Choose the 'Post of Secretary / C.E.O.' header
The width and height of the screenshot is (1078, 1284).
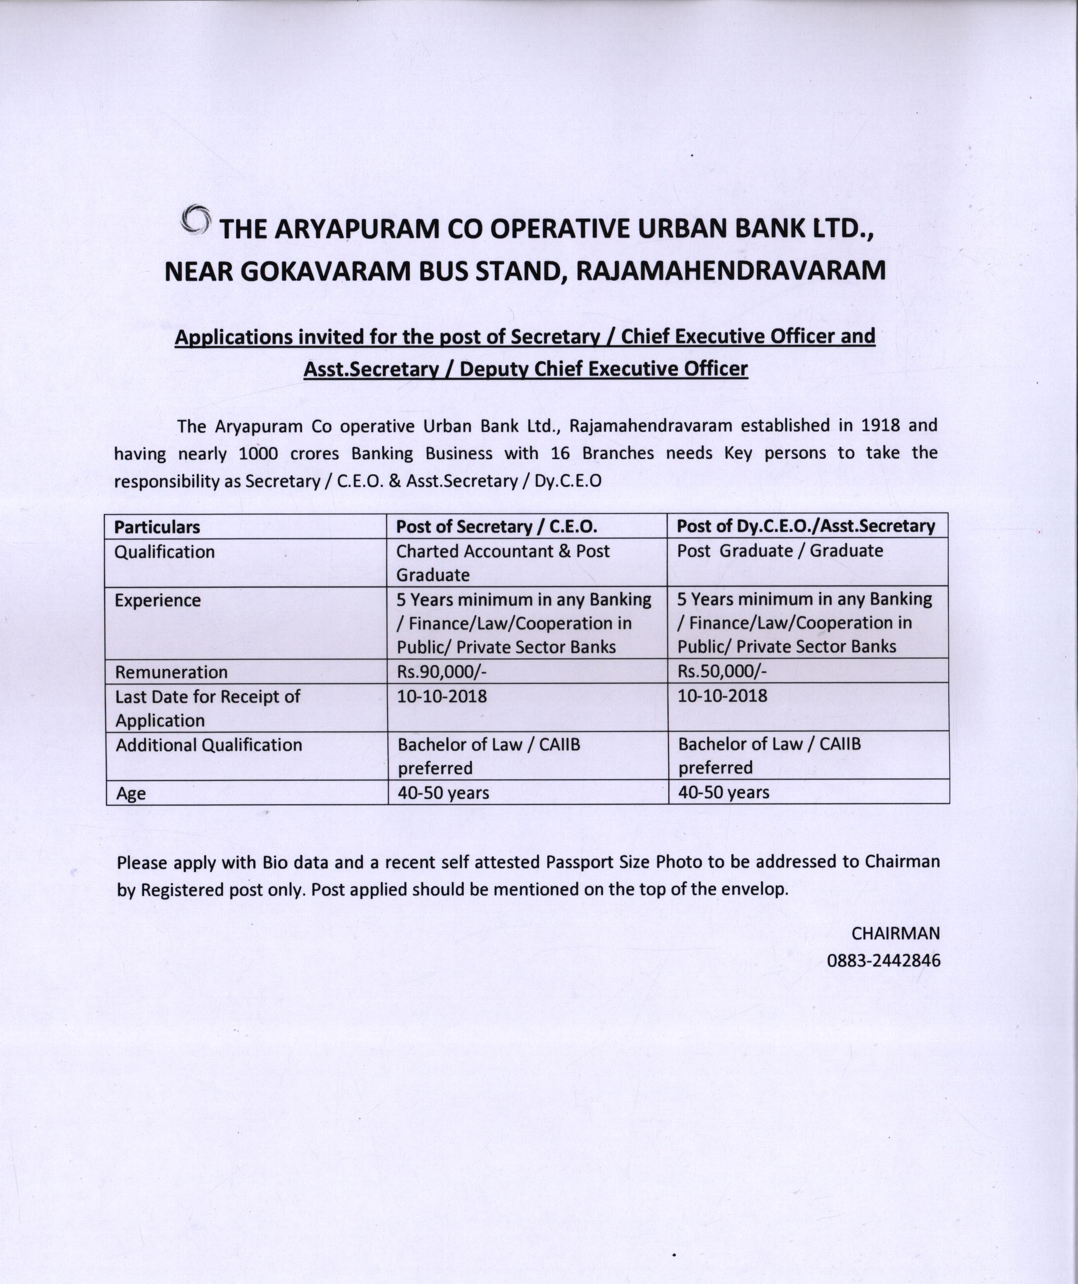click(x=496, y=526)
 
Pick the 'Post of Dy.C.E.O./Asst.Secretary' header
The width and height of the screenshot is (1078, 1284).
click(x=805, y=526)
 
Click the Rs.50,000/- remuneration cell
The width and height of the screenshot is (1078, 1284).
click(x=722, y=671)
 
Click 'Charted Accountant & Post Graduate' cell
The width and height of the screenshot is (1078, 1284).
click(x=502, y=563)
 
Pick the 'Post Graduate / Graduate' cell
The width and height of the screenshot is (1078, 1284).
click(x=780, y=551)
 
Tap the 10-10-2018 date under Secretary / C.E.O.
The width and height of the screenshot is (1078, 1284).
click(x=442, y=696)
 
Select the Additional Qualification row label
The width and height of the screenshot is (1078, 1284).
click(x=209, y=745)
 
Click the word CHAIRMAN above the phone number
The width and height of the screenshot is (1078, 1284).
click(x=895, y=934)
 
